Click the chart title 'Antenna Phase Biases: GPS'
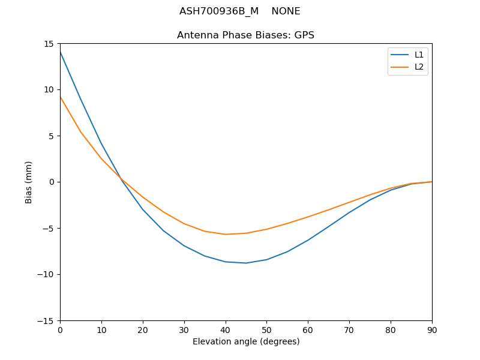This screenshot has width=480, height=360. (245, 35)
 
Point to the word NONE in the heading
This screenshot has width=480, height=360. (286, 11)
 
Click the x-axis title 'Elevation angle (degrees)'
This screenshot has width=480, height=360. (246, 341)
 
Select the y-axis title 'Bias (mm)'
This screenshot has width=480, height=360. (29, 182)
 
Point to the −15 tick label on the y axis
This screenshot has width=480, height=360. (47, 320)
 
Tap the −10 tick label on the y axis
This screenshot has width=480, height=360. (47, 274)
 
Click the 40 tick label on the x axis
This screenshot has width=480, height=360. (225, 329)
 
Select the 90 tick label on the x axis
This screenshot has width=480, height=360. (431, 329)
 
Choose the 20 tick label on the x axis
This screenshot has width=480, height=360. (143, 329)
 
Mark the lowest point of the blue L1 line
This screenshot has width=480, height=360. (246, 263)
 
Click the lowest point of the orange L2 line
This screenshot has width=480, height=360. (225, 235)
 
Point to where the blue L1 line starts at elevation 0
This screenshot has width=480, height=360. (60, 52)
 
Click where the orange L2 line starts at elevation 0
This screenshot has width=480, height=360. (60, 97)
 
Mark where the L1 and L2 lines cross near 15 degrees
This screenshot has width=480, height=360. (121, 179)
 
